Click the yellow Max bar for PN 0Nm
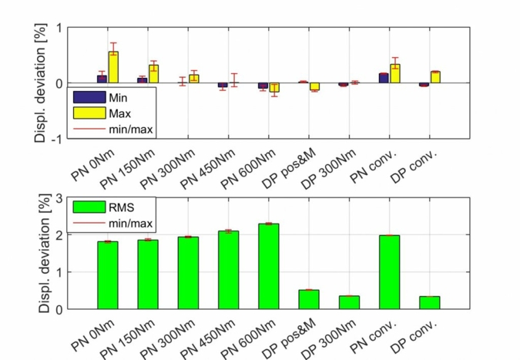click(113, 67)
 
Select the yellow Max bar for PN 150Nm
click(153, 74)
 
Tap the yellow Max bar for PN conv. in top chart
click(395, 73)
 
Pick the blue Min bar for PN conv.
click(384, 78)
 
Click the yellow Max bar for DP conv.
click(435, 77)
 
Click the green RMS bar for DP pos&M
click(308, 299)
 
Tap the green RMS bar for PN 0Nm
click(108, 275)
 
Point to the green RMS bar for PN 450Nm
click(228, 270)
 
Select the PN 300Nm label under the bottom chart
click(184, 338)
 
